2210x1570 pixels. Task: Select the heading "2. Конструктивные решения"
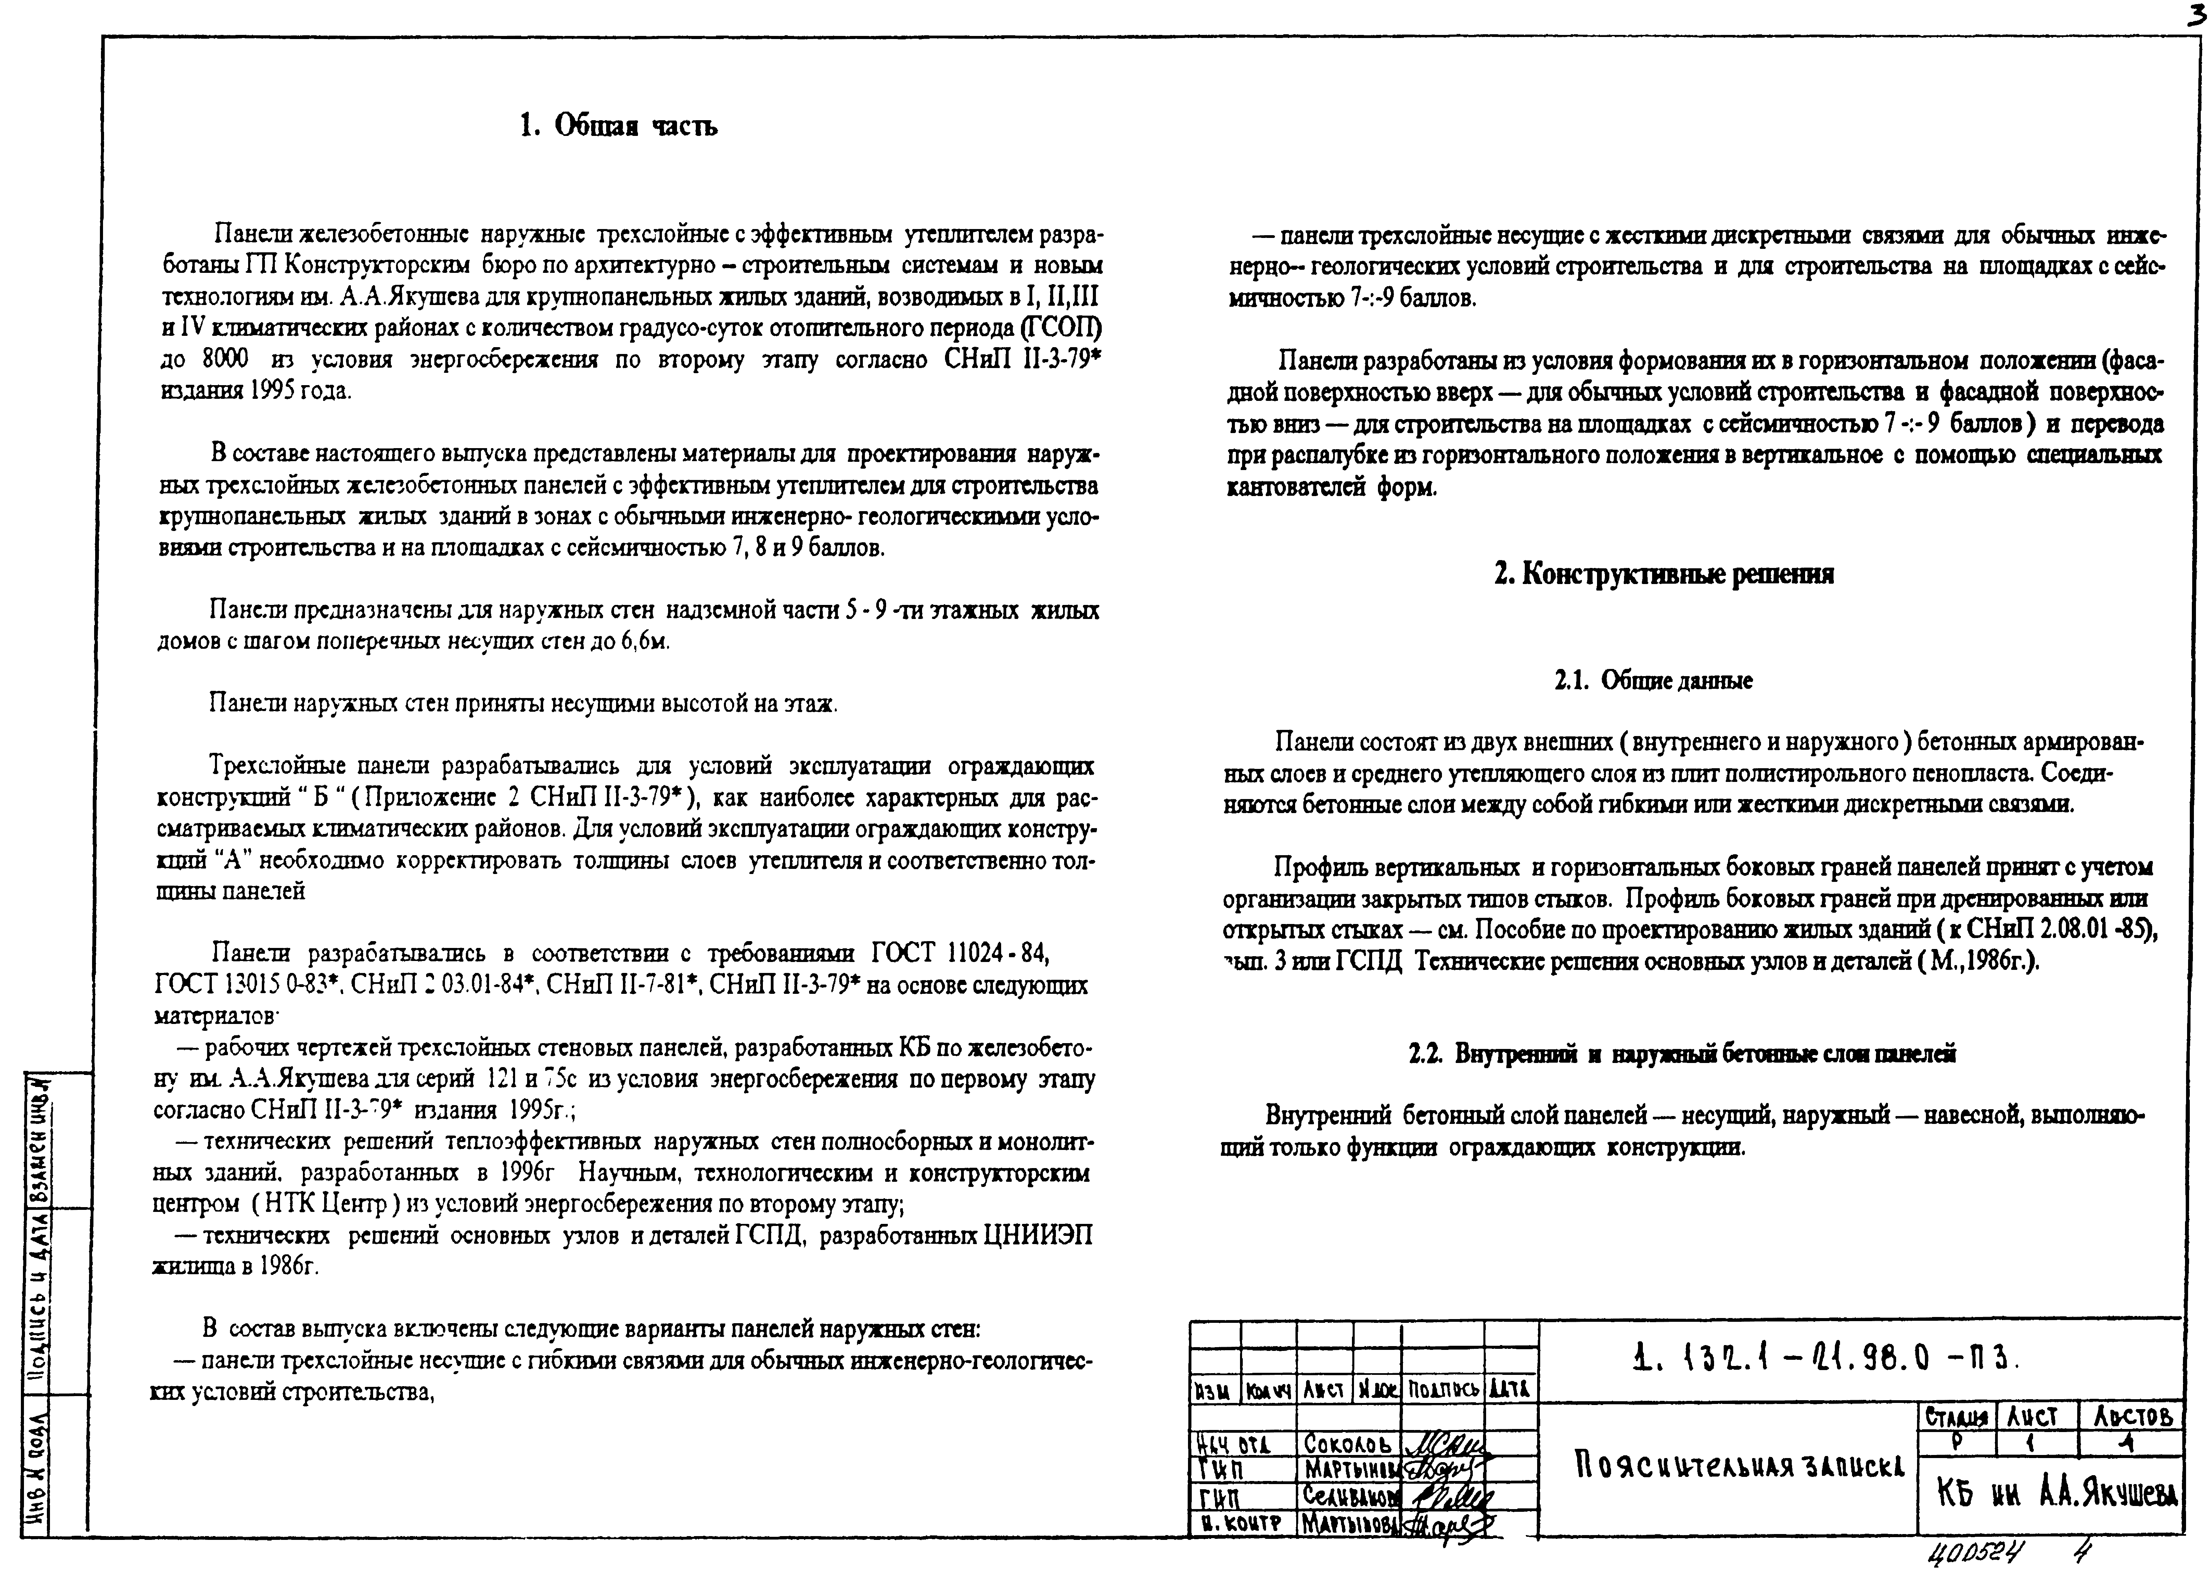(x=1664, y=574)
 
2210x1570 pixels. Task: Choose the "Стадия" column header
(x=1956, y=1417)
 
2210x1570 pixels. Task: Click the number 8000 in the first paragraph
(x=225, y=359)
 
